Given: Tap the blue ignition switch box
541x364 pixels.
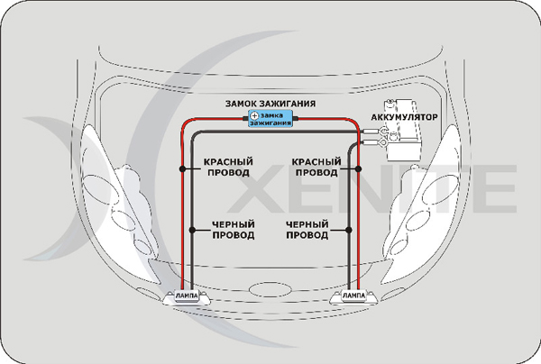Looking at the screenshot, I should (271, 118).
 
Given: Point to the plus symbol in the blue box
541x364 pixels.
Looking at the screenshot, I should (254, 117).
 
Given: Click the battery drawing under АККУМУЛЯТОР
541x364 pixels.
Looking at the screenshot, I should (407, 144).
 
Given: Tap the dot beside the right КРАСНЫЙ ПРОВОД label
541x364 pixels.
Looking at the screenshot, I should (356, 167).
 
